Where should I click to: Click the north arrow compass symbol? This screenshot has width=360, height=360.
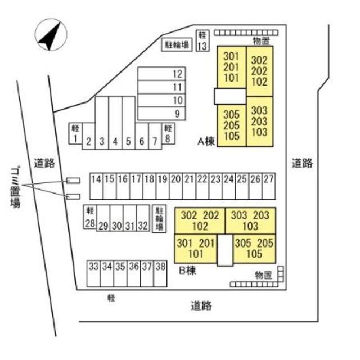[x=51, y=35]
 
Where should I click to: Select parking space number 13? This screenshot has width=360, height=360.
[x=202, y=40]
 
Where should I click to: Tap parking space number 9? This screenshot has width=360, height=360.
[x=161, y=114]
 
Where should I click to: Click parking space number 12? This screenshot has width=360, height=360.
[x=161, y=74]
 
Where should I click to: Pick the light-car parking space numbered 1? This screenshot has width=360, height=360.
[x=75, y=133]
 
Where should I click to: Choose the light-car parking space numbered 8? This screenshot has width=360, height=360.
[x=168, y=133]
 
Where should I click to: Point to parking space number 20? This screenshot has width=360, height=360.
[x=176, y=186]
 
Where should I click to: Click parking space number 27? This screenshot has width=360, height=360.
[x=269, y=186]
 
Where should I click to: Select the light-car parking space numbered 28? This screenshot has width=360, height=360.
[x=90, y=217]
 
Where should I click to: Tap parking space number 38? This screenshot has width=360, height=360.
[x=160, y=274]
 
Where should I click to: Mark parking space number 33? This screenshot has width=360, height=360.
[x=94, y=274]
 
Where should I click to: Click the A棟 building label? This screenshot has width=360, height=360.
[x=206, y=141]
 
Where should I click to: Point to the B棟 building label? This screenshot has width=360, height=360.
[x=187, y=271]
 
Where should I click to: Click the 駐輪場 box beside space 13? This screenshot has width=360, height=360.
[x=177, y=44]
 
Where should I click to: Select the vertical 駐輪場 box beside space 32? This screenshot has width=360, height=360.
[x=159, y=219]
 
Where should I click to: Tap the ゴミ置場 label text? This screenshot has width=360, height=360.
[x=16, y=187]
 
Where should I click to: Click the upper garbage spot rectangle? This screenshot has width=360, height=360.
[x=73, y=181]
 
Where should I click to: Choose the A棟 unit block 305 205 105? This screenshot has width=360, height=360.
[x=231, y=125]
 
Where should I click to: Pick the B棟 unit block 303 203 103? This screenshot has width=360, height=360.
[x=250, y=220]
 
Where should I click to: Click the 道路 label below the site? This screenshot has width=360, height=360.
[x=201, y=305]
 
